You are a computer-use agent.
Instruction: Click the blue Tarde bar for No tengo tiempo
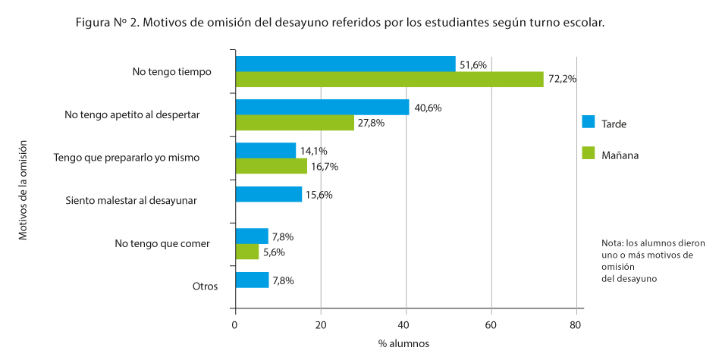pyautogui.click(x=346, y=64)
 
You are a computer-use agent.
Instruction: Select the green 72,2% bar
pyautogui.click(x=390, y=80)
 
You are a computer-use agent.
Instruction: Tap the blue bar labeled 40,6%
pyautogui.click(x=322, y=108)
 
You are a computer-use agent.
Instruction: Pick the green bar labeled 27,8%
pyautogui.click(x=295, y=123)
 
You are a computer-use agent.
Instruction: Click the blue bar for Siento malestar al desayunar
pyautogui.click(x=269, y=195)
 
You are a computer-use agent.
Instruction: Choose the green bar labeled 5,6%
pyautogui.click(x=247, y=252)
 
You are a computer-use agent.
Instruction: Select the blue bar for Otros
pyautogui.click(x=253, y=280)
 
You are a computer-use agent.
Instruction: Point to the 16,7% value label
pyautogui.click(x=325, y=166)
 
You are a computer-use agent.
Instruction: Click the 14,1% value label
pyautogui.click(x=314, y=151)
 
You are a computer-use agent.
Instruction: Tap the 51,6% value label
pyautogui.click(x=474, y=65)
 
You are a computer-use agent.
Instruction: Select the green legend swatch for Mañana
pyautogui.click(x=588, y=154)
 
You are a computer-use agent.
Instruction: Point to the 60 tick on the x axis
pyautogui.click(x=491, y=325)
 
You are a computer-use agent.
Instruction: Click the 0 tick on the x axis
pyautogui.click(x=236, y=325)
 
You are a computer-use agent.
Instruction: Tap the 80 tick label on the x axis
pyautogui.click(x=576, y=325)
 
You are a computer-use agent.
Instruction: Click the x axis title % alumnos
pyautogui.click(x=403, y=343)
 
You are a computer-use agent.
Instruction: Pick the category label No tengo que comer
pyautogui.click(x=162, y=243)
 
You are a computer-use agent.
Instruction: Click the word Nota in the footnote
pyautogui.click(x=613, y=243)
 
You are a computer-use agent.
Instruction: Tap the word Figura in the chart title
pyautogui.click(x=94, y=23)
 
